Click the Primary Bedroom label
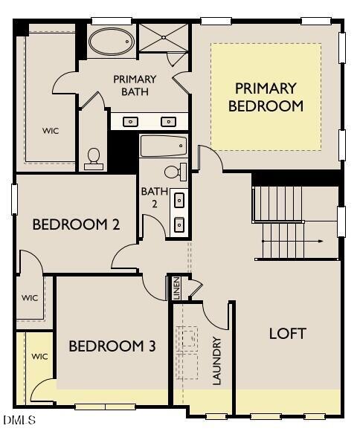266,97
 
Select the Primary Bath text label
135,85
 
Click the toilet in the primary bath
94,158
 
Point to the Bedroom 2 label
76,224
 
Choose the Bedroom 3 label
112,346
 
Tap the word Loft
287,334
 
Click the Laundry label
217,361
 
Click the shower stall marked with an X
164,39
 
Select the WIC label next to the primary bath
51,131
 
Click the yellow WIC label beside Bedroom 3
39,357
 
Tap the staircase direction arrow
318,242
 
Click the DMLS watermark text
19,421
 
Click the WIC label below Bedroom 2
30,298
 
